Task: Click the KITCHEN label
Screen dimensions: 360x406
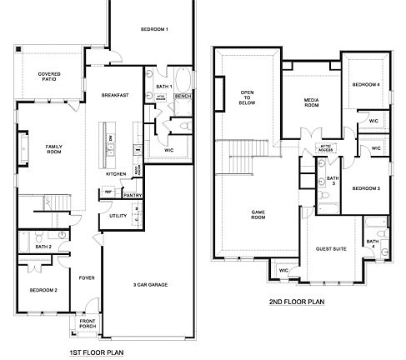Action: (x=116, y=174)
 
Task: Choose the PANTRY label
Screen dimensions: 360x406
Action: (x=133, y=196)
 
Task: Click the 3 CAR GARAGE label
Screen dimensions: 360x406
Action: (x=152, y=284)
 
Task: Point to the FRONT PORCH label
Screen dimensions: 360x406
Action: (x=88, y=324)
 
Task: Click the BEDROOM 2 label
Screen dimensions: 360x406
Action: (x=43, y=289)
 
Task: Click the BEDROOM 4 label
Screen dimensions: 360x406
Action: (x=366, y=85)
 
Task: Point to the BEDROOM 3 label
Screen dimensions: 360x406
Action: (x=366, y=189)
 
